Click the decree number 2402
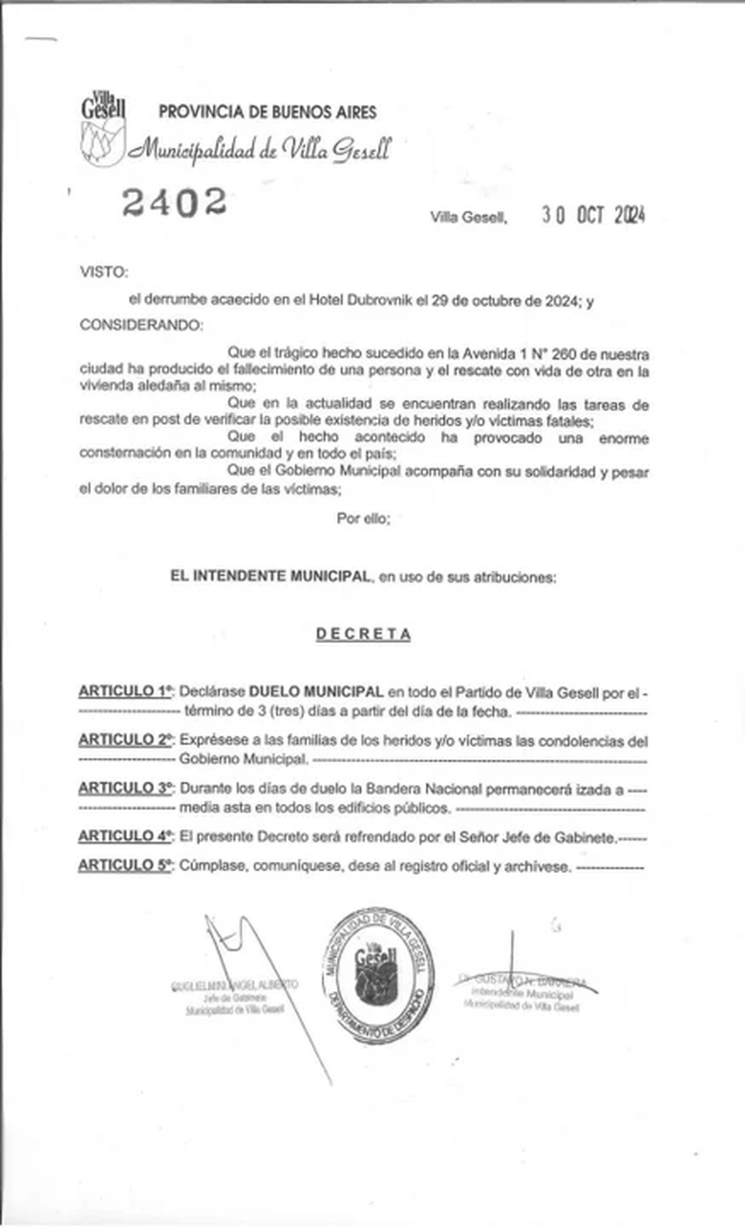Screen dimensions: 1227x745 click(174, 202)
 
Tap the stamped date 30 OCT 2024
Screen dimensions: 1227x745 click(593, 215)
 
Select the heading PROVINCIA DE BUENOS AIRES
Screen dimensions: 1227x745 click(268, 112)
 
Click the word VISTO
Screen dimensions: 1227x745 click(104, 272)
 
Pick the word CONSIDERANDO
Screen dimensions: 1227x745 click(141, 325)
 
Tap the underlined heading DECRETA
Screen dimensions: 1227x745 click(363, 634)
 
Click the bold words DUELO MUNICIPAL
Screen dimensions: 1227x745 click(316, 691)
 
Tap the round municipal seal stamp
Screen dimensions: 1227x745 click(377, 974)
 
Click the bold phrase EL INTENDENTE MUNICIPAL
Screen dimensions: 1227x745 click(271, 576)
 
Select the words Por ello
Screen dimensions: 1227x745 click(363, 518)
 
